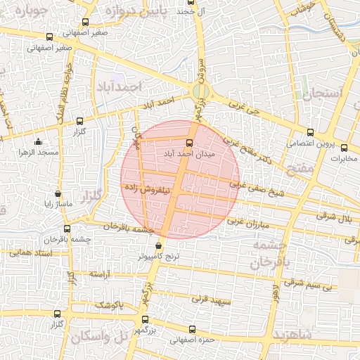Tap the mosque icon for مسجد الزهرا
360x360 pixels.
coord(38,143)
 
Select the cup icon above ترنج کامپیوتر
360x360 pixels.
coord(158,246)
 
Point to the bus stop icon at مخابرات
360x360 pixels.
coord(345,147)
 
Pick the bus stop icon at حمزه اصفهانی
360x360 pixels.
coord(192,328)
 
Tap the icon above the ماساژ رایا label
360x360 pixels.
coord(58,193)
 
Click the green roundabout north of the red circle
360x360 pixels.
coord(200,91)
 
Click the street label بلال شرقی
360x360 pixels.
coord(335,217)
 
